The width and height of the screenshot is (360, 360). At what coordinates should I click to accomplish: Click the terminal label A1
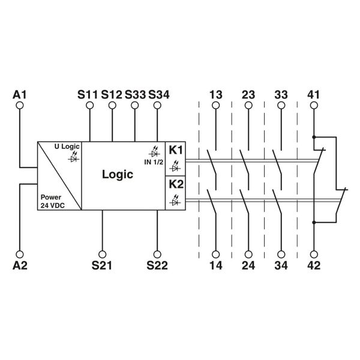(x=20, y=94)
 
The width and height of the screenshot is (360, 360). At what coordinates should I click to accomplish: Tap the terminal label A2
(x=20, y=265)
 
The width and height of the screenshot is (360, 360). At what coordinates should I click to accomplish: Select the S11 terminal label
(x=88, y=94)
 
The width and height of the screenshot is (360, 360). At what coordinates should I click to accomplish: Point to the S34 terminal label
(x=158, y=94)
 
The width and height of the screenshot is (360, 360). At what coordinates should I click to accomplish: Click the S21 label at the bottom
(x=102, y=265)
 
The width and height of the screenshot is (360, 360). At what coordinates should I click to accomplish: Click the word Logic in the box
(x=117, y=175)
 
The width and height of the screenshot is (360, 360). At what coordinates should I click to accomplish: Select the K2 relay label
(x=176, y=184)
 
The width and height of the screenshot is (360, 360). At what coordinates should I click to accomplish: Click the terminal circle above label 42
(x=313, y=253)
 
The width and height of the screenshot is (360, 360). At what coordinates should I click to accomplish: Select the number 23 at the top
(x=248, y=94)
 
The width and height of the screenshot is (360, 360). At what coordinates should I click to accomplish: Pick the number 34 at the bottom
(x=280, y=265)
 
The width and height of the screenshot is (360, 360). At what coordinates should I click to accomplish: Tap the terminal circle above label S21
(x=102, y=253)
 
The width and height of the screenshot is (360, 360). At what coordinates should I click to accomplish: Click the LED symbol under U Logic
(x=74, y=156)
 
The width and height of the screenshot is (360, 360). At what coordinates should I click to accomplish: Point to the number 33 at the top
(x=280, y=94)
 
